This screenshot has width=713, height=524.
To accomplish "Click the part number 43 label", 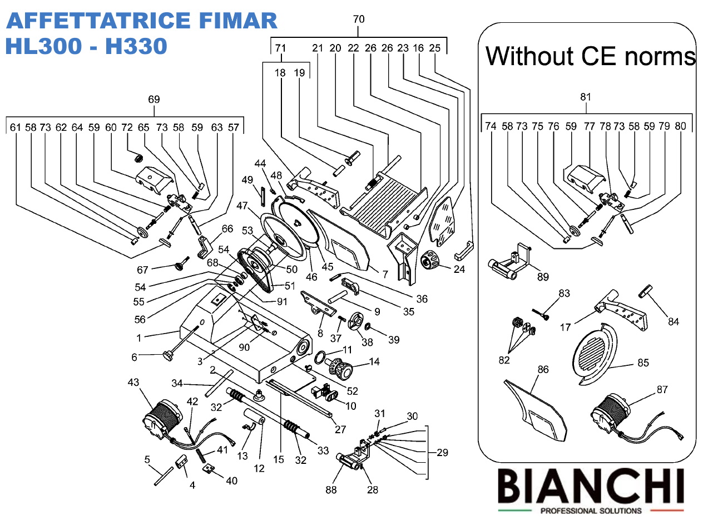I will pos(133,383).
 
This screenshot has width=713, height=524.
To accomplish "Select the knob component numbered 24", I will pos(431,261).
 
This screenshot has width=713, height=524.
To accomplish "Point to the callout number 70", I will pos(359,19).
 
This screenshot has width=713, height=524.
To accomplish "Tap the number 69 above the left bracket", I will pos(154,100).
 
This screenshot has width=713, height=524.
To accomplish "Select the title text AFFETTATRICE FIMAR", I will pos(141,21).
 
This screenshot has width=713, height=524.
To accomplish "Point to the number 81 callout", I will pos(586,97).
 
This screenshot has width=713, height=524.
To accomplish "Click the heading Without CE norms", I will pos(591,56).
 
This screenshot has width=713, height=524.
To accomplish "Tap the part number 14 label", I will pos(374,362).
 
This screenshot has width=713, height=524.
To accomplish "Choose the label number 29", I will pos(442,453).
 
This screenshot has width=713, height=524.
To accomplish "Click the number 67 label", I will pos(142,270).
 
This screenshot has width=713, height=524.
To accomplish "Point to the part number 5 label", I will pos(147,459).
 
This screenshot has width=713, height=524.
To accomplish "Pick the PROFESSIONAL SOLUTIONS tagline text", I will pos(591,511).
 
